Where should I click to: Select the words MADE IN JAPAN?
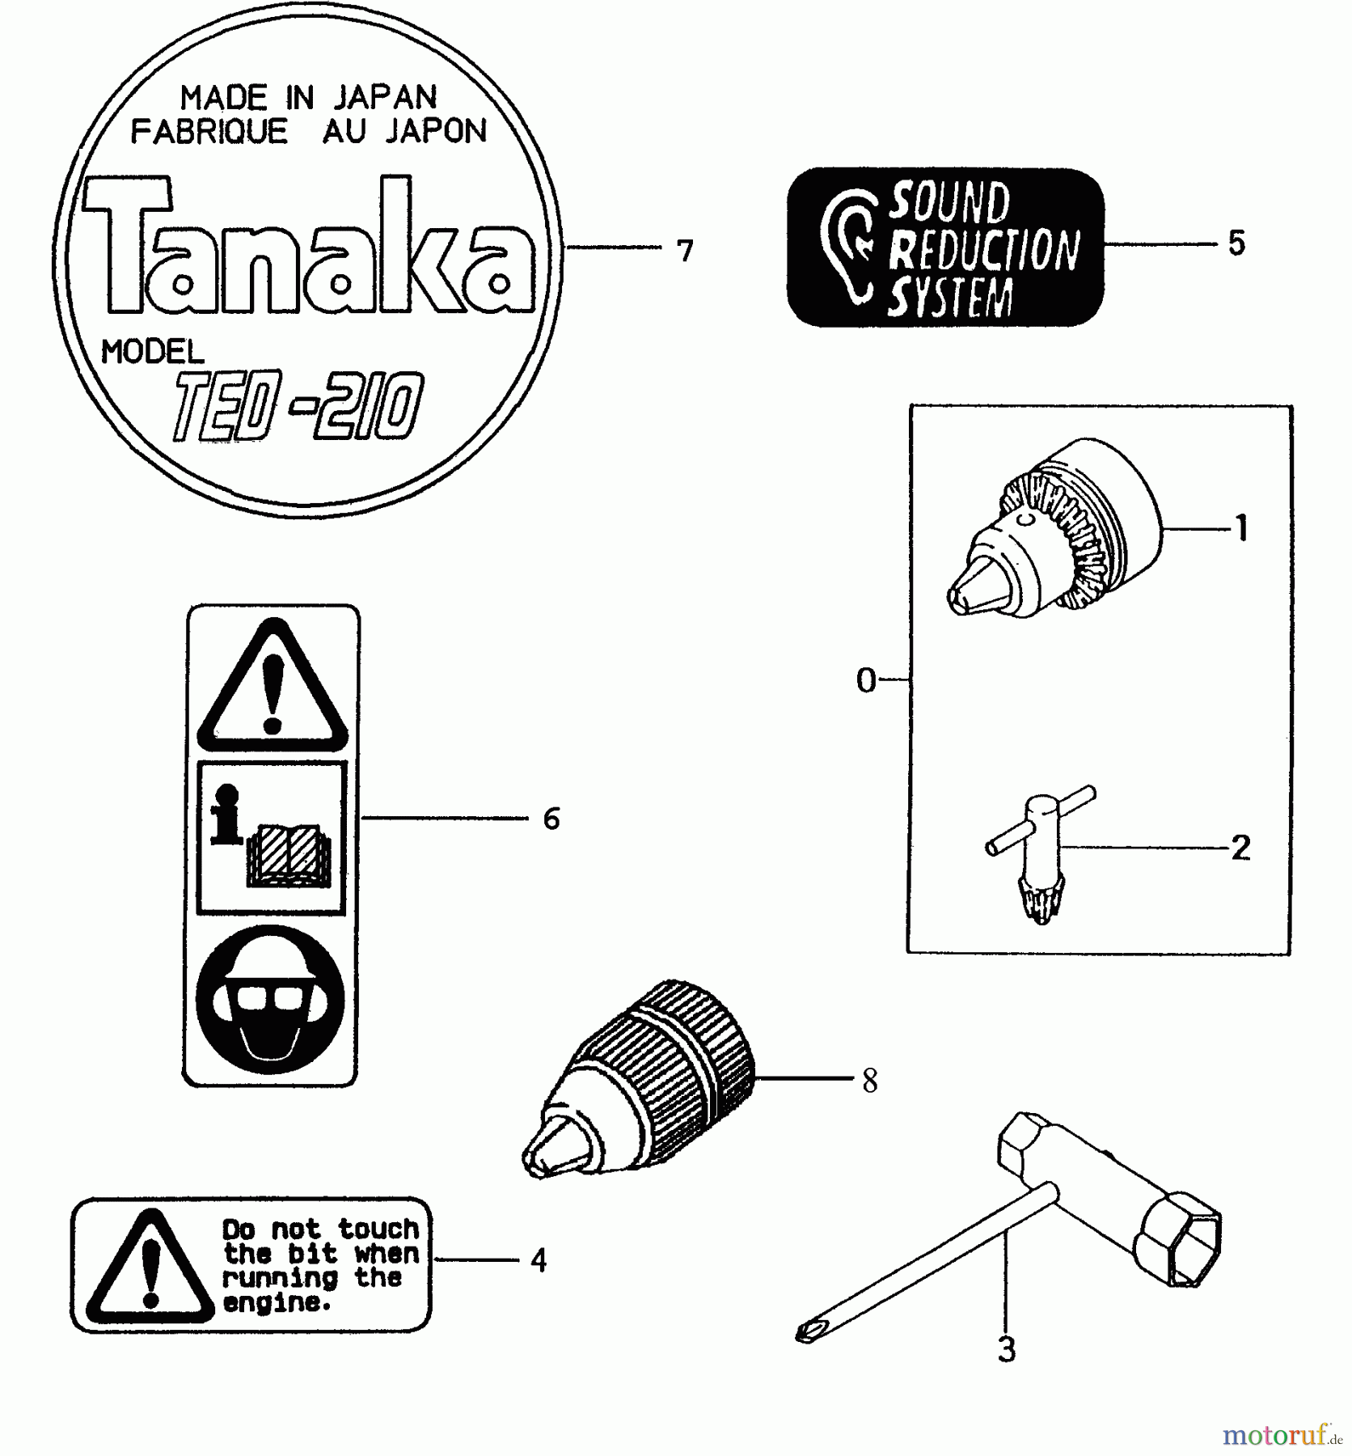click(308, 98)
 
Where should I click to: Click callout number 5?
click(1236, 243)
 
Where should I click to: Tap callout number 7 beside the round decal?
click(685, 252)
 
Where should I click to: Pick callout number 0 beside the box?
click(865, 681)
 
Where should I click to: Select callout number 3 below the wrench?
click(1006, 1350)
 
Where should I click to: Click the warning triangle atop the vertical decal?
click(273, 688)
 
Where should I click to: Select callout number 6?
click(551, 819)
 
